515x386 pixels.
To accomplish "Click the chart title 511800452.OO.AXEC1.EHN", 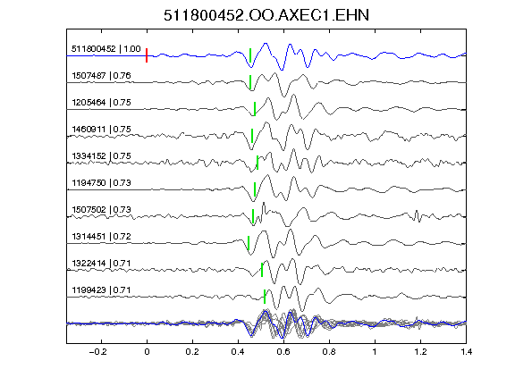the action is coord(266,15).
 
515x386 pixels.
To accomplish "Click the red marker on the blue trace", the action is coord(147,55).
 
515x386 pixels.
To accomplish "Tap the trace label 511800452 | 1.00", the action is coord(106,49).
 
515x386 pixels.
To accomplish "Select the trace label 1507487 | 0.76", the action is coord(102,76).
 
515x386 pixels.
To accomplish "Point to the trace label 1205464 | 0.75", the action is coord(102,103).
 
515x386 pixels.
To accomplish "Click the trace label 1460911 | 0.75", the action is coord(102,130).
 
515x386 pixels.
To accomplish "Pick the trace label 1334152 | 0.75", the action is coord(102,155).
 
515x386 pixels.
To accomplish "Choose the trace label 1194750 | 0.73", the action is coord(102,183).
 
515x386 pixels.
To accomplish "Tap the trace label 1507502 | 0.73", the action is coord(102,210).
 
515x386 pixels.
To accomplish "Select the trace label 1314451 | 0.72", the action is coord(102,237).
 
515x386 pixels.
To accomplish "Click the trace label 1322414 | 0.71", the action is coord(102,264).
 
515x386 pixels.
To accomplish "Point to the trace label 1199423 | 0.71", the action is coord(102,290).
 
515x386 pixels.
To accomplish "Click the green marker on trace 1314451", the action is coord(249,243).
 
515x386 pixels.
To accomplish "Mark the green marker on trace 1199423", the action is coord(265,297).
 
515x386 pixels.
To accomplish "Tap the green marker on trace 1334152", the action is coord(257,163).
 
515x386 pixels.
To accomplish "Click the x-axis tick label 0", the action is coord(147,352).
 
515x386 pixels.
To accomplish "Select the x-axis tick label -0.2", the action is coord(97,352).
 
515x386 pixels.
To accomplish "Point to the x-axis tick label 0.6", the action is coord(283,352).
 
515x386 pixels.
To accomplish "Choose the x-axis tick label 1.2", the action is coord(420,352).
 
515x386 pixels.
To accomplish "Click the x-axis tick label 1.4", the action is coord(466,352).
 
